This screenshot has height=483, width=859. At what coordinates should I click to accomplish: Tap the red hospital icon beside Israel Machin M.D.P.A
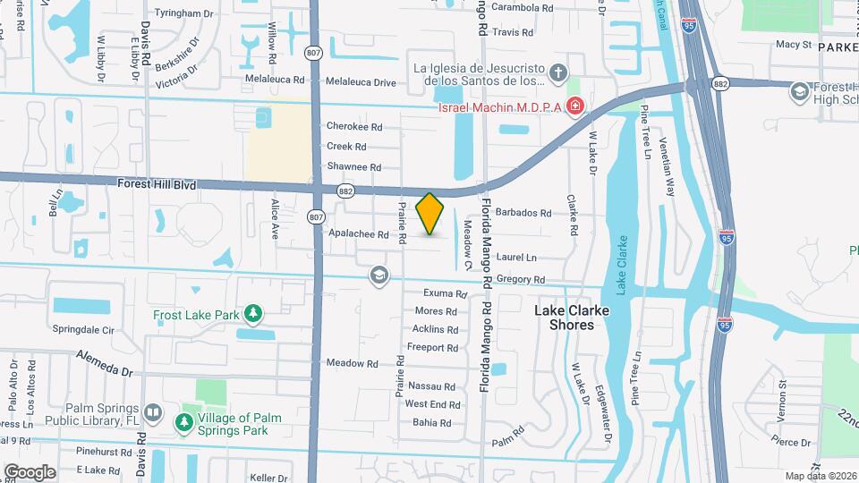[x=574, y=107]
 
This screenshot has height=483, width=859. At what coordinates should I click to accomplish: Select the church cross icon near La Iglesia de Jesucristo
[x=557, y=72]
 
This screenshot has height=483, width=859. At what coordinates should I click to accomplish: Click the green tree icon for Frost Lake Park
[x=254, y=313]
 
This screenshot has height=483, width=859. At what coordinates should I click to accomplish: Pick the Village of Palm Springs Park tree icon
[x=185, y=421]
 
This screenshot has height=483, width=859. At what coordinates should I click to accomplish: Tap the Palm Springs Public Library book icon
[x=152, y=412]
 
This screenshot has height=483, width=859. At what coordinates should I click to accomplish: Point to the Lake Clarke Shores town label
[x=571, y=318]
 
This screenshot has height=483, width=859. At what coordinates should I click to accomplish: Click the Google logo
[x=30, y=471]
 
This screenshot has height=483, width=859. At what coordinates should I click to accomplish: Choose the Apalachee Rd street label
[x=358, y=235]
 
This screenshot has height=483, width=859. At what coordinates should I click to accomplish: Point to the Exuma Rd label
[x=446, y=293]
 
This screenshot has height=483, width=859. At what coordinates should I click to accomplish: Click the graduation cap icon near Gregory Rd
[x=378, y=275]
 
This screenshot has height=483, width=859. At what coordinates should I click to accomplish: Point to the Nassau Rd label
[x=431, y=386]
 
